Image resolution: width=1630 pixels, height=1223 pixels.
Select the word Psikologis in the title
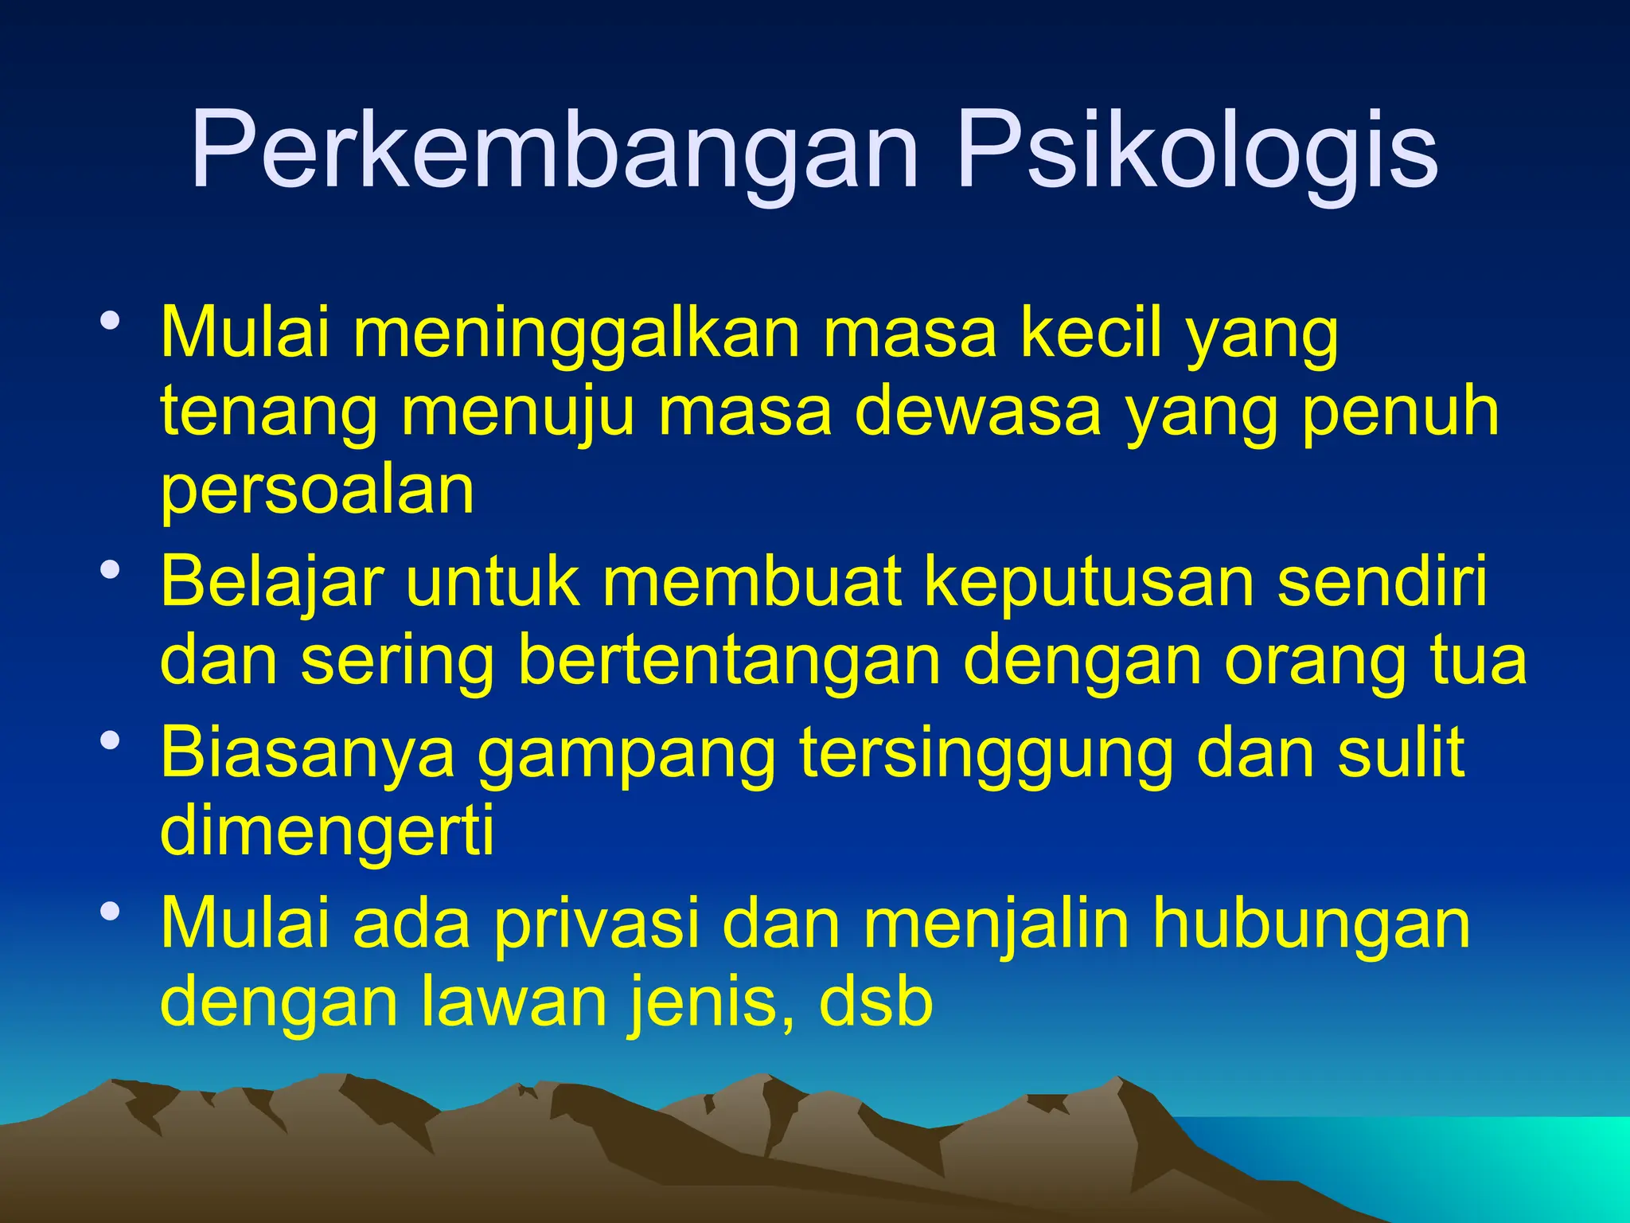[1197, 151]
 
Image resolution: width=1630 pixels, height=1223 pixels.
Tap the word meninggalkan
[577, 334]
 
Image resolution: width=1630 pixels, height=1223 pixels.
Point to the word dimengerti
[327, 830]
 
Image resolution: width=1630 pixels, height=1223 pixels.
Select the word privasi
[597, 924]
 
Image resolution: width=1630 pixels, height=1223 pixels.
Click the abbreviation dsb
[875, 1001]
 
